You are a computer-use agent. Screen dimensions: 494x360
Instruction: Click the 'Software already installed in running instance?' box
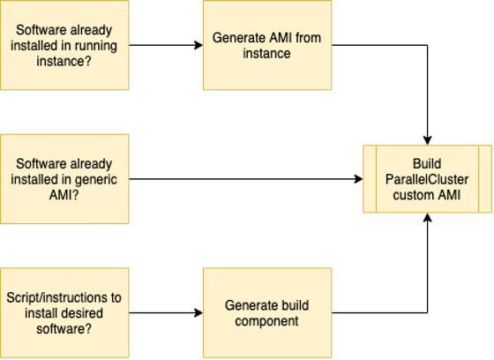[x=64, y=45]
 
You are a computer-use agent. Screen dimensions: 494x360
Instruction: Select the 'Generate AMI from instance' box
[x=267, y=45]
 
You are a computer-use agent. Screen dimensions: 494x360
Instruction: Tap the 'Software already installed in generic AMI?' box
[x=64, y=179]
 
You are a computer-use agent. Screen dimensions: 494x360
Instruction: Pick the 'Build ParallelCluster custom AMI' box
[x=427, y=179]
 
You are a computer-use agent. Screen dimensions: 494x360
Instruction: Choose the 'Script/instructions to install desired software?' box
[x=64, y=312]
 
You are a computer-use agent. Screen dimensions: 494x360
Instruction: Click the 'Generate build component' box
[x=267, y=312]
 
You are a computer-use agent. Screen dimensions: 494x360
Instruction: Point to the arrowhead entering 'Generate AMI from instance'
[x=198, y=45]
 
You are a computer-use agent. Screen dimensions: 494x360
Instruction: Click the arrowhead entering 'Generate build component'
[x=198, y=312]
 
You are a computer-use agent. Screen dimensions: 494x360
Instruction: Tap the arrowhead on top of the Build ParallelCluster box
[x=427, y=140]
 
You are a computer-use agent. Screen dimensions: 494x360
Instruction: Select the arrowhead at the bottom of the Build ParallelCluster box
[x=427, y=218]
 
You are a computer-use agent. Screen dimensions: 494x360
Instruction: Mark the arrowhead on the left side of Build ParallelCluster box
[x=358, y=179]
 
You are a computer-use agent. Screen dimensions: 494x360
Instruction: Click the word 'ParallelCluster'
[x=427, y=179]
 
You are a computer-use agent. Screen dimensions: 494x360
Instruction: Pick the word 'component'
[x=266, y=321]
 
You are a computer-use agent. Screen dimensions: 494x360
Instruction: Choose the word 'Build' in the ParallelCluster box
[x=427, y=163]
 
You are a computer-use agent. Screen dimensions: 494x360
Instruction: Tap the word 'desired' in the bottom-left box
[x=84, y=313]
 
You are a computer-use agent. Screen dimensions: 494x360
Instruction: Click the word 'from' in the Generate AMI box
[x=308, y=38]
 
